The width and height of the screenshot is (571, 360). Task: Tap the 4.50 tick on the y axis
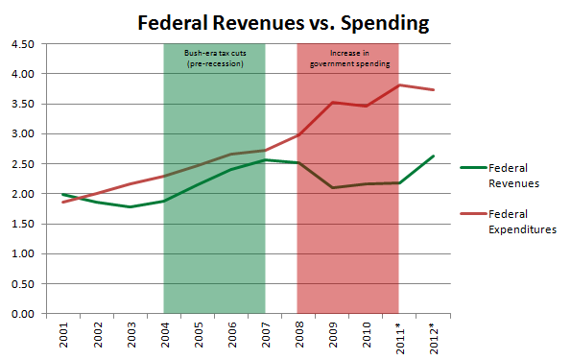pyautogui.click(x=23, y=44)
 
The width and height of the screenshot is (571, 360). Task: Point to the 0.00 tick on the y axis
pyautogui.click(x=23, y=314)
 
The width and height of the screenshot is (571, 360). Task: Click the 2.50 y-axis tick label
pyautogui.click(x=23, y=164)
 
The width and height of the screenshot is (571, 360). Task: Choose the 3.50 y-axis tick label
pyautogui.click(x=23, y=105)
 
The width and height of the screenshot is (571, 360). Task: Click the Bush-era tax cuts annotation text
pyautogui.click(x=213, y=59)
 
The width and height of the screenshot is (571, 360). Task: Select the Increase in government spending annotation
pyautogui.click(x=346, y=59)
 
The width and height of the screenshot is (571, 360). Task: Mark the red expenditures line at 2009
pyautogui.click(x=331, y=103)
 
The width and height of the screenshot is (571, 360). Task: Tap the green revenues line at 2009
pyautogui.click(x=331, y=187)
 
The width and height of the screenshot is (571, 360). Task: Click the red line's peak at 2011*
pyautogui.click(x=397, y=85)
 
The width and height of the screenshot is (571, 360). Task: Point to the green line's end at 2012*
pyautogui.click(x=431, y=156)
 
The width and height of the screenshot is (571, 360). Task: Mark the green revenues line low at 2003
pyautogui.click(x=131, y=206)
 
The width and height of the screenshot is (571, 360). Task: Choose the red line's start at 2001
pyautogui.click(x=63, y=202)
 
